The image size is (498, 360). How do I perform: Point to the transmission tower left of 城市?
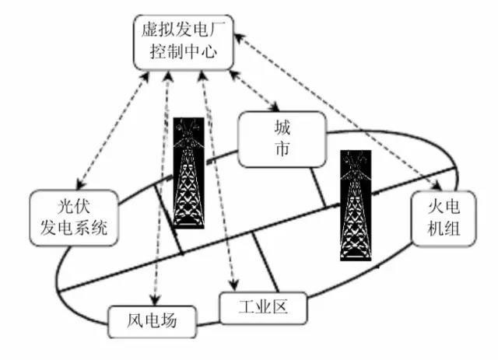click(x=189, y=173)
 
